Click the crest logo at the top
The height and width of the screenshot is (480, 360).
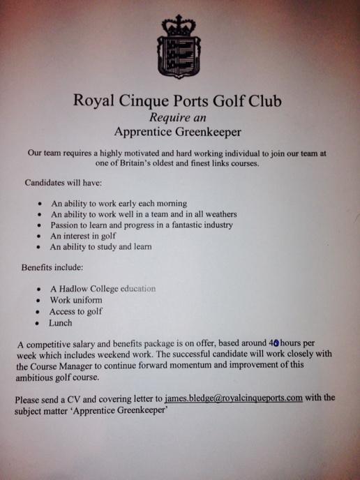pos(179,47)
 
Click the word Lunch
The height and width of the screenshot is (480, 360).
pos(61,324)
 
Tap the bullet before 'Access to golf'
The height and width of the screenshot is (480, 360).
pos(38,313)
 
